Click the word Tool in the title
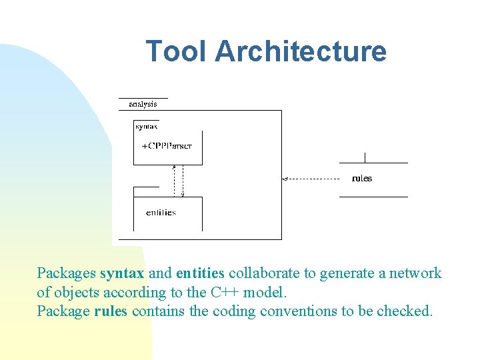176,51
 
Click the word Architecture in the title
301,51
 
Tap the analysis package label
143,104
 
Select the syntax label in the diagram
147,126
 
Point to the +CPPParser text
167,145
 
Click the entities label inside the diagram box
161,213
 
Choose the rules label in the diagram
362,178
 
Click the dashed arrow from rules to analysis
313,179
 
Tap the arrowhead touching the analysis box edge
285,179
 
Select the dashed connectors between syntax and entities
179,181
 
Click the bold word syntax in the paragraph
122,273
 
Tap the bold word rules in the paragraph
111,311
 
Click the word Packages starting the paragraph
66,273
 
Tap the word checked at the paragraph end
405,311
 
